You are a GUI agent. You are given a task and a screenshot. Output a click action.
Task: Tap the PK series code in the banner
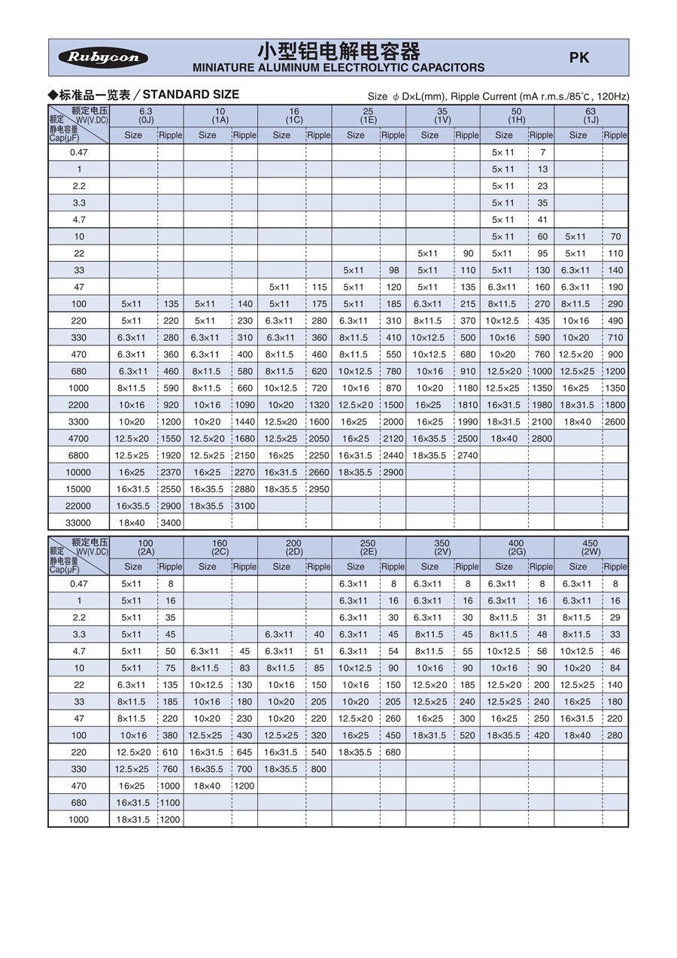578,57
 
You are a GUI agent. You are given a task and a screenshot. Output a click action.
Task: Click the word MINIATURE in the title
224,68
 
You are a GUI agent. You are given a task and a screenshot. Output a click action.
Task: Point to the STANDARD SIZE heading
190,94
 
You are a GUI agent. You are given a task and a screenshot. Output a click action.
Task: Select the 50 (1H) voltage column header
516,115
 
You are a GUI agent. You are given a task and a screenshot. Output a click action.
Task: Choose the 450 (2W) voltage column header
590,547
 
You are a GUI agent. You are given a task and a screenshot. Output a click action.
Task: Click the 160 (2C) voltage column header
220,547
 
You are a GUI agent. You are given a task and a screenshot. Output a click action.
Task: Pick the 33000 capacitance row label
79,523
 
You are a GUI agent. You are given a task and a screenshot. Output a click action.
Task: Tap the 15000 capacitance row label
79,489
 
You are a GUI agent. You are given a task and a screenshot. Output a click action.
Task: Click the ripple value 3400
171,523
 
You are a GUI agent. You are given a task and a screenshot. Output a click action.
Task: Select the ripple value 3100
244,506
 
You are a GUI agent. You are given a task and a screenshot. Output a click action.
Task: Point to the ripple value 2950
318,489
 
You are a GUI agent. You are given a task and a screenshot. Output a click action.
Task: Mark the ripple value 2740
467,455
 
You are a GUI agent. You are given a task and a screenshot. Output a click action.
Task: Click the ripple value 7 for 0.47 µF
542,152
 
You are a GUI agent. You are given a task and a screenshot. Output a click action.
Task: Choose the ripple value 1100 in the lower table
171,803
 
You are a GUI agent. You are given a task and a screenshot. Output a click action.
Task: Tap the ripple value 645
244,752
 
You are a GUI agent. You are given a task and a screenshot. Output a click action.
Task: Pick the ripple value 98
393,270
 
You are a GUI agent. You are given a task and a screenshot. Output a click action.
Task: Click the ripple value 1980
542,405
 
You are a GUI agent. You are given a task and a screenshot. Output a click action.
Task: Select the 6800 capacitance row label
79,455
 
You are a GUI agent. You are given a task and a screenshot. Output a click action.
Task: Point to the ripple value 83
244,668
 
